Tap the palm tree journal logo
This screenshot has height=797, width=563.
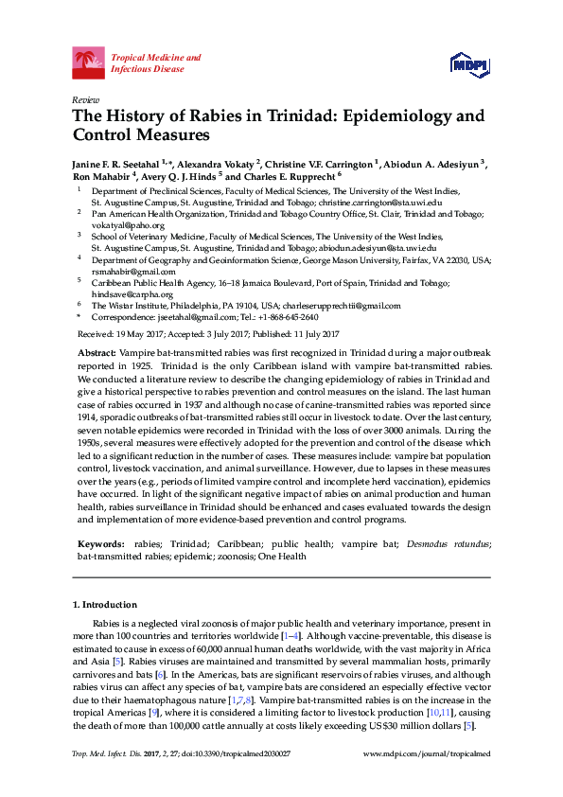[x=89, y=63]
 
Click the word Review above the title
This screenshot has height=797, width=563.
[x=85, y=99]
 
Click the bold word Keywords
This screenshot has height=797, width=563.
[x=100, y=545]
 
